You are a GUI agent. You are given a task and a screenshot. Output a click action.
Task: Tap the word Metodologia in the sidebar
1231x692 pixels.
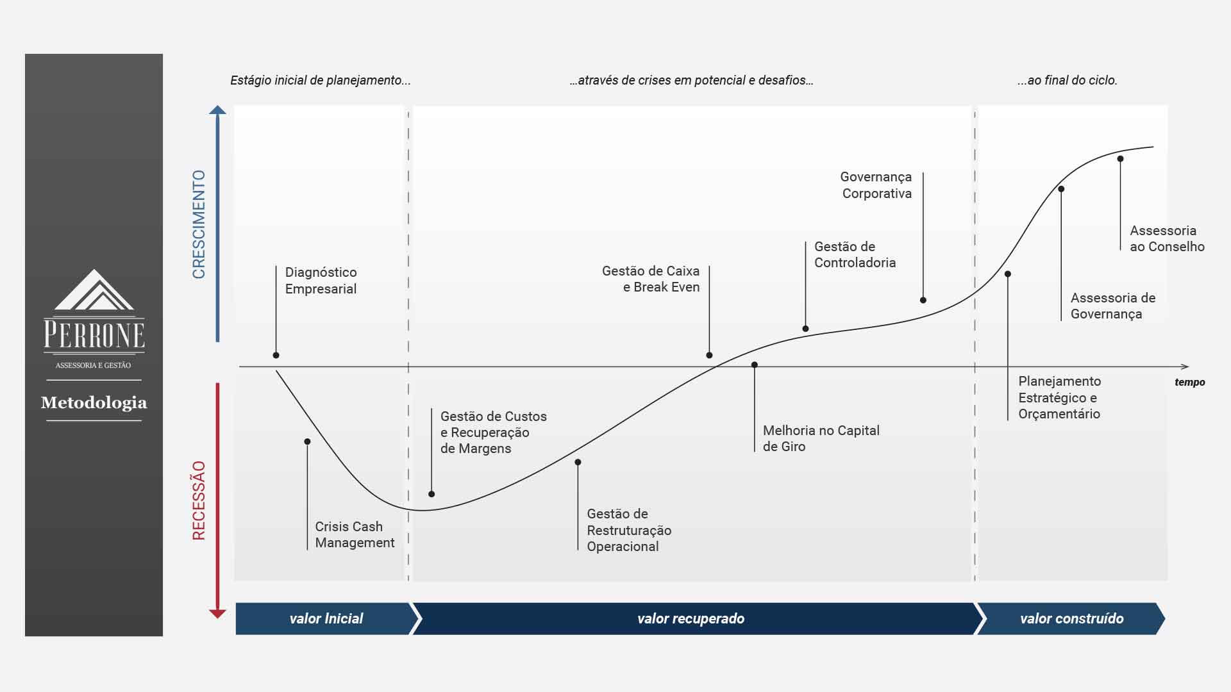click(x=94, y=402)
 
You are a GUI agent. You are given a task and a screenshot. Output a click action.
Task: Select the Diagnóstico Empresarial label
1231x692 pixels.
click(x=321, y=281)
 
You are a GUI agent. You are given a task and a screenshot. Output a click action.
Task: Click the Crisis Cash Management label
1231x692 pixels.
click(x=355, y=534)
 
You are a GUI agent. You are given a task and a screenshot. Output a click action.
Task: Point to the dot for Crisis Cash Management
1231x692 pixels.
click(x=307, y=441)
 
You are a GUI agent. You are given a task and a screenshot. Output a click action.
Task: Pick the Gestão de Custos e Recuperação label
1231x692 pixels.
click(x=493, y=432)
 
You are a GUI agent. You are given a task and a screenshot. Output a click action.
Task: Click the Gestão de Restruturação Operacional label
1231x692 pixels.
click(x=629, y=530)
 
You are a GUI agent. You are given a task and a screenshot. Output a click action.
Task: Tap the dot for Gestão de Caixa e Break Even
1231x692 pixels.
click(x=709, y=355)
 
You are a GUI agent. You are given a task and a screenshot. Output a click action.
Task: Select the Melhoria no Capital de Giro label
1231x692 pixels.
click(x=821, y=439)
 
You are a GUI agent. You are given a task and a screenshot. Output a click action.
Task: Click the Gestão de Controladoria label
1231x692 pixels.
click(x=855, y=254)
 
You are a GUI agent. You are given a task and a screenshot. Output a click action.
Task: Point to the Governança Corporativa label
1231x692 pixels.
click(x=876, y=185)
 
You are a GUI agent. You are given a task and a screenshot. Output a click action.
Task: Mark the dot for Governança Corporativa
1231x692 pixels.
click(x=923, y=300)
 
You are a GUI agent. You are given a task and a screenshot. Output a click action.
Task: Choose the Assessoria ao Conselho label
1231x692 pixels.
click(x=1167, y=238)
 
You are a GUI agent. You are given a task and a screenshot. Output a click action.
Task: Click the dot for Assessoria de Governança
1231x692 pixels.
click(x=1061, y=189)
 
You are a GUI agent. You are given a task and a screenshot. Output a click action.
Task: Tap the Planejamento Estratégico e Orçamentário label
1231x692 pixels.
click(x=1059, y=397)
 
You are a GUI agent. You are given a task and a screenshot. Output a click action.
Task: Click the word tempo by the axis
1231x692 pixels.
click(x=1190, y=382)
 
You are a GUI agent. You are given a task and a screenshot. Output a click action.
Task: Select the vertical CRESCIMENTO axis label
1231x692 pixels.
click(x=199, y=224)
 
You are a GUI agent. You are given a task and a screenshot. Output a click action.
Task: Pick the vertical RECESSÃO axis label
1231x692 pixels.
click(x=199, y=500)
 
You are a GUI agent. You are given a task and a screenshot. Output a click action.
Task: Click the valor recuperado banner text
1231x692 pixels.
click(x=691, y=618)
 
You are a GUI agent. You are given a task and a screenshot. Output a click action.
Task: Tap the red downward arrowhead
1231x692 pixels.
click(x=218, y=614)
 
